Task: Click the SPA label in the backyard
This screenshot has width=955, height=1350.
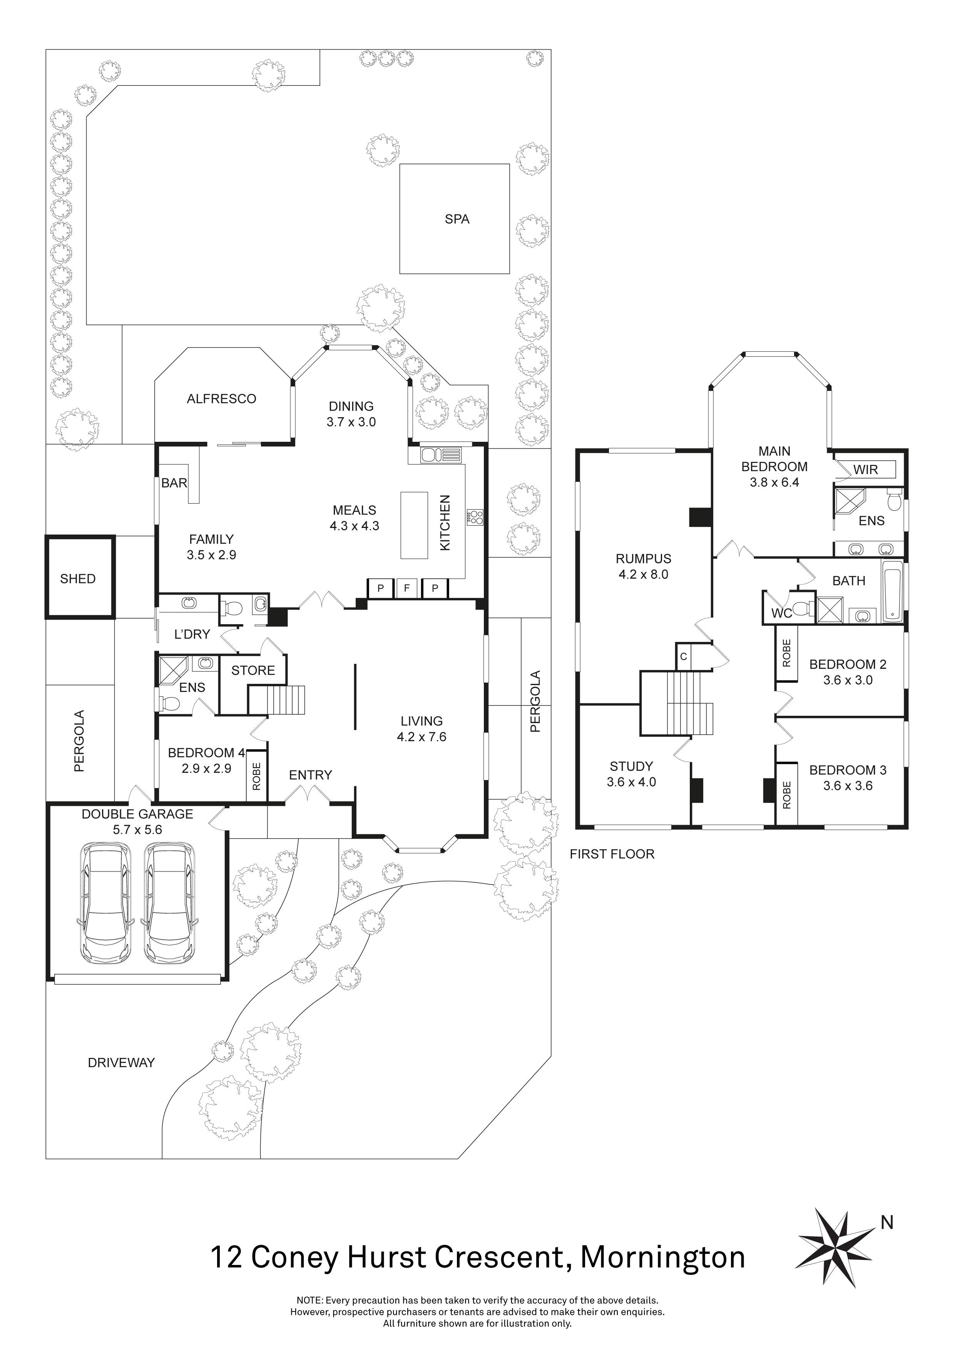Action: coord(457,219)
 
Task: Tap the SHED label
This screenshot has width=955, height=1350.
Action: coord(78,578)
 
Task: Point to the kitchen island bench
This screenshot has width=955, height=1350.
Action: coord(414,525)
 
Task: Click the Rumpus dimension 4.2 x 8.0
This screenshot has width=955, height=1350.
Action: coord(643,575)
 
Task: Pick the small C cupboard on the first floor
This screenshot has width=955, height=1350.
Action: coord(684,656)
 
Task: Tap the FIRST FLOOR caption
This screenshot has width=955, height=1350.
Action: coord(612,854)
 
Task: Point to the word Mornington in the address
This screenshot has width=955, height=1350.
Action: coord(663,1258)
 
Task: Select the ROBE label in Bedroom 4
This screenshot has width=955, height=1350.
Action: coord(256,776)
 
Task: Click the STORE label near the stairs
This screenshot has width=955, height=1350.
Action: coord(253,670)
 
